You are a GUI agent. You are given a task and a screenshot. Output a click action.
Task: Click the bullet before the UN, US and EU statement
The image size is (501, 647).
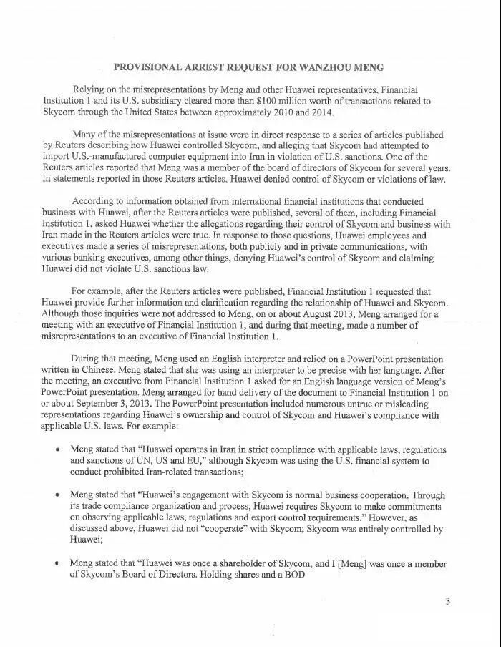pos(57,449)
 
